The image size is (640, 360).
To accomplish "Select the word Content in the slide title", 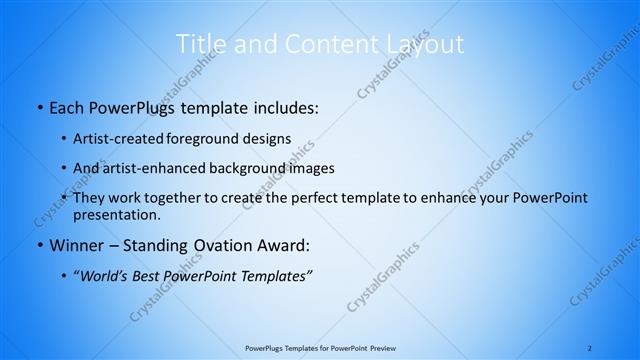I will (322, 44).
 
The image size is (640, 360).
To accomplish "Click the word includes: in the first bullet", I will (283, 108).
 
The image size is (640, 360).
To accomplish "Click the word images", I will (309, 168).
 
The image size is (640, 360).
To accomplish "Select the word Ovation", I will (217, 245).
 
